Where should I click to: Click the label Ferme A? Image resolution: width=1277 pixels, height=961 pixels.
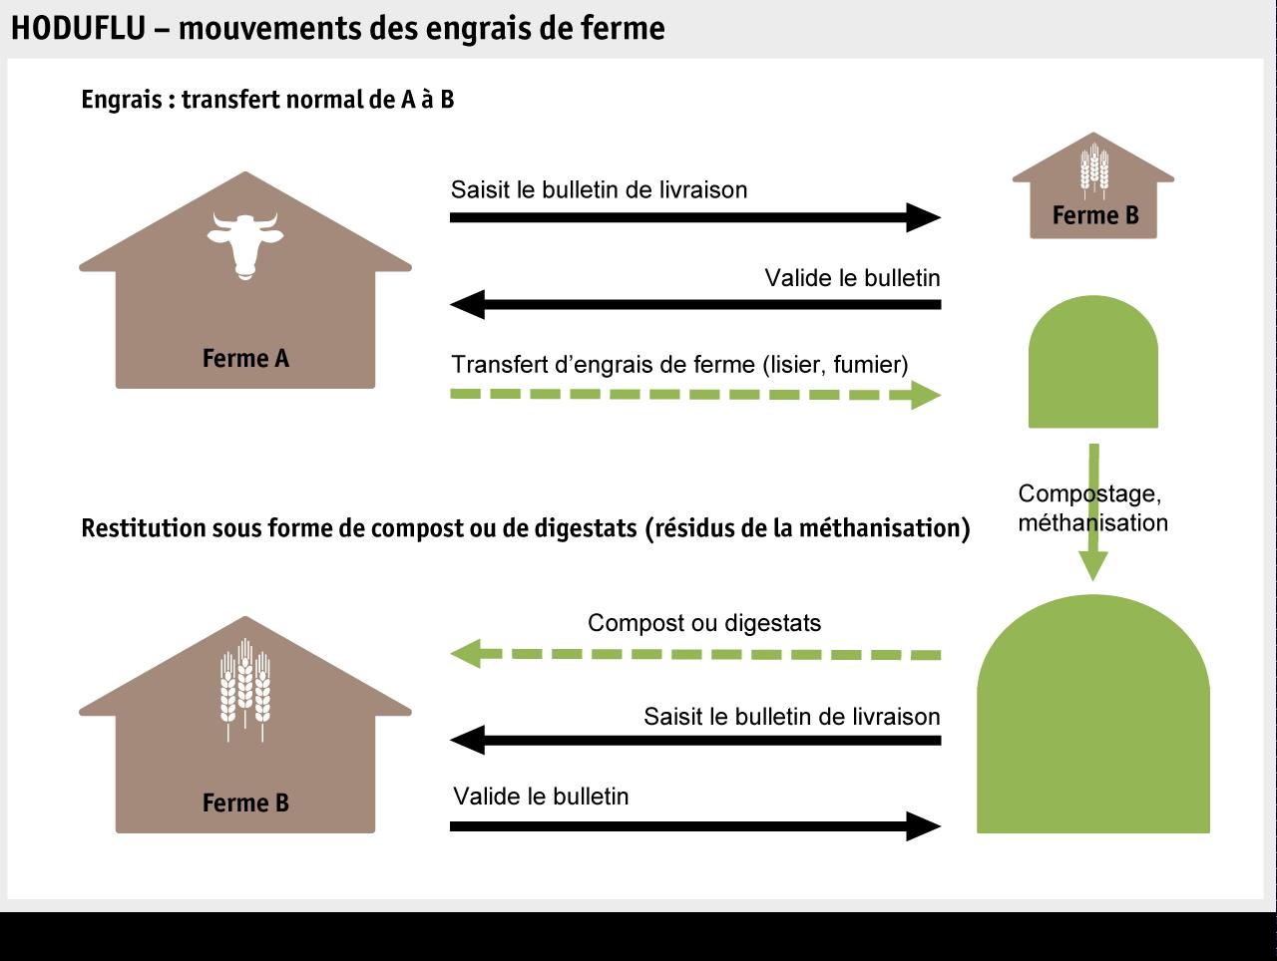click(x=245, y=359)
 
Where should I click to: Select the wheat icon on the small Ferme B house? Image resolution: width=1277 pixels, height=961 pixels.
click(x=1094, y=167)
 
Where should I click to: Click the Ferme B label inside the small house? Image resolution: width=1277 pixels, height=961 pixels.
click(x=1094, y=216)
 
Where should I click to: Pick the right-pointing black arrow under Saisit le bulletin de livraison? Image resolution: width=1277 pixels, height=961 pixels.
click(x=694, y=217)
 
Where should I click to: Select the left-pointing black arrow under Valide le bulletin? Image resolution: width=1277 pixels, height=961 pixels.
click(x=694, y=304)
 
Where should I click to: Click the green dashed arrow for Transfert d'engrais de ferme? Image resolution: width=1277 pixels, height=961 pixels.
click(x=694, y=396)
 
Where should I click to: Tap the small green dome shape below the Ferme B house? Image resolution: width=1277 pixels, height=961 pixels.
click(x=1093, y=364)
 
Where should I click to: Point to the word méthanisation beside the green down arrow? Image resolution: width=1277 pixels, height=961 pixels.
click(x=1092, y=522)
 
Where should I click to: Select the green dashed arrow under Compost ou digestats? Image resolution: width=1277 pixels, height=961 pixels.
click(x=694, y=655)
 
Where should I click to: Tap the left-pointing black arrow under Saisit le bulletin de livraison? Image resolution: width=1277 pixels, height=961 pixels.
click(x=694, y=741)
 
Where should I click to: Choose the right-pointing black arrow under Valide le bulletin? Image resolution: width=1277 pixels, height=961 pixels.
click(x=694, y=825)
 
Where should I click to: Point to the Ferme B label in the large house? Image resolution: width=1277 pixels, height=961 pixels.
click(x=245, y=803)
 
